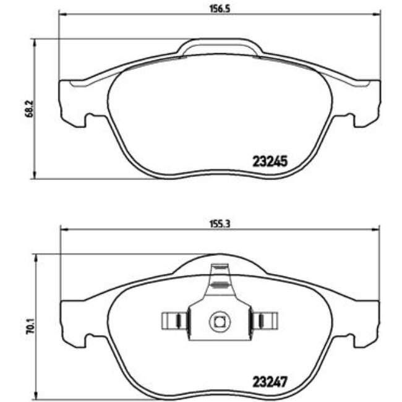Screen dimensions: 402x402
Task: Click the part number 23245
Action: [x=270, y=161]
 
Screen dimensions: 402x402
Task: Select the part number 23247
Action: [x=270, y=381]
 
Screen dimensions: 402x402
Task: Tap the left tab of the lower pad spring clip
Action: [x=174, y=320]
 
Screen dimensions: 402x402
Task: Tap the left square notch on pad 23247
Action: [x=89, y=338]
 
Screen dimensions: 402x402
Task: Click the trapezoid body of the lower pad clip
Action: [x=219, y=309]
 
